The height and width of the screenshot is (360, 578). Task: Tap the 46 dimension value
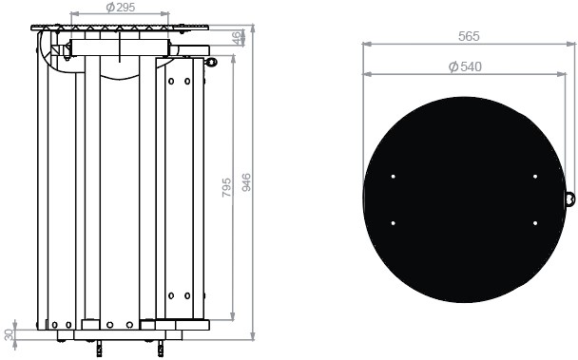pyautogui.click(x=237, y=38)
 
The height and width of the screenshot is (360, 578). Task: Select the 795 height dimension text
pyautogui.click(x=226, y=187)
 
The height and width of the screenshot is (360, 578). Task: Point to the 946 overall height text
pyautogui.click(x=246, y=180)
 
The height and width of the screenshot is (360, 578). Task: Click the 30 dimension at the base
pyautogui.click(x=10, y=333)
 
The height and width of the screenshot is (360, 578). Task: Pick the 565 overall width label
pyautogui.click(x=468, y=36)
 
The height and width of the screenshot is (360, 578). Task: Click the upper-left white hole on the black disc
pyautogui.click(x=394, y=177)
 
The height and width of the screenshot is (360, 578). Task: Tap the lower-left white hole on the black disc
pyautogui.click(x=394, y=223)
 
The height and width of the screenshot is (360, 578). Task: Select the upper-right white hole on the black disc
pyautogui.click(x=535, y=177)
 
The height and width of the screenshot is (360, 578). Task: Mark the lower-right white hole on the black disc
pyautogui.click(x=535, y=223)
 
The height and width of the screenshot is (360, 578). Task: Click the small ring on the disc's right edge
pyautogui.click(x=569, y=199)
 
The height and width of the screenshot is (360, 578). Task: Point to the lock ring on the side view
pyautogui.click(x=211, y=63)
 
